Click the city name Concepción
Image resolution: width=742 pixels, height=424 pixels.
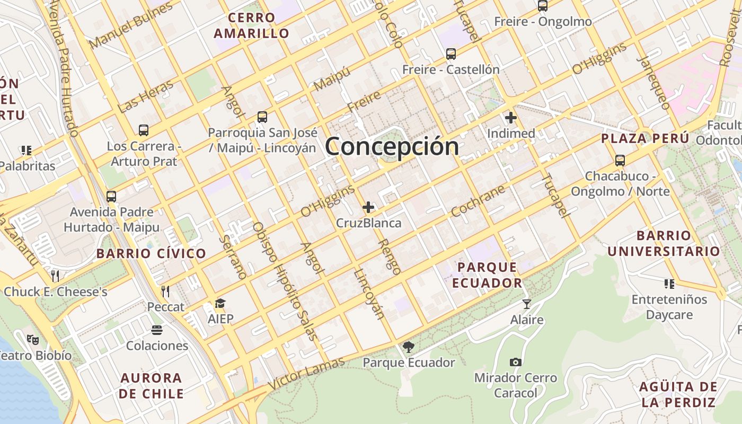(x=392, y=146)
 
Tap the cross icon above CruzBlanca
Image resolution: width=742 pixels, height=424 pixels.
(x=368, y=207)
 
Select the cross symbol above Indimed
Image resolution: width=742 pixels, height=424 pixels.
(x=511, y=118)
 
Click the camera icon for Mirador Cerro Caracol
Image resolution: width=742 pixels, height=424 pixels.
(x=515, y=362)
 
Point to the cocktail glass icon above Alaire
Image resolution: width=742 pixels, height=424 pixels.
(x=526, y=304)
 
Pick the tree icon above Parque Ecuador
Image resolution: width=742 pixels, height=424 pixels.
(x=408, y=347)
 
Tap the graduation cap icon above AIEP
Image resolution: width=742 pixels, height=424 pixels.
(x=220, y=304)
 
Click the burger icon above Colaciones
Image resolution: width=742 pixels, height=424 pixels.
(x=156, y=330)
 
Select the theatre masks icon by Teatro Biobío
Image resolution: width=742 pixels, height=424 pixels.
(x=33, y=339)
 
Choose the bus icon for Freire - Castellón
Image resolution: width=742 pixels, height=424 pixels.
(x=450, y=54)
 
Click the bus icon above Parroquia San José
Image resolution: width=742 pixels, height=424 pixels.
(x=262, y=117)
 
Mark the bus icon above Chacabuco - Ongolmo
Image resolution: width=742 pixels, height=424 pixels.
(x=620, y=160)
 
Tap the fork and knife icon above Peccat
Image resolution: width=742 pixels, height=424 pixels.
(x=165, y=291)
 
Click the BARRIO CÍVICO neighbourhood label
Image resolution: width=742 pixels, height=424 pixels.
(x=151, y=253)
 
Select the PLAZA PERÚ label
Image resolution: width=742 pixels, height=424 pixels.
(x=645, y=139)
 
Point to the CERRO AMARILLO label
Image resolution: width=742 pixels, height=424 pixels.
(x=252, y=25)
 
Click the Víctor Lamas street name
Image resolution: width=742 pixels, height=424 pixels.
(x=306, y=374)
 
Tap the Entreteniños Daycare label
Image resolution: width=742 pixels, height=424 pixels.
(x=669, y=307)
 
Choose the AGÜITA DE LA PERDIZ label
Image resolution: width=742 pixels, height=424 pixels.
(x=678, y=394)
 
